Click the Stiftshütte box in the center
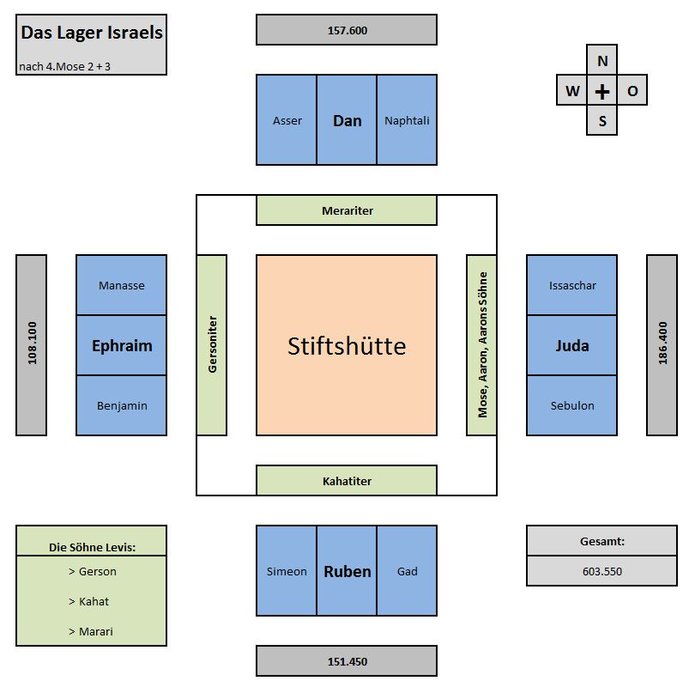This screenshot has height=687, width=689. click(x=346, y=345)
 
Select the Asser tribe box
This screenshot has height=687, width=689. click(x=287, y=120)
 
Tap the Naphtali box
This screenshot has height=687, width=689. click(x=407, y=120)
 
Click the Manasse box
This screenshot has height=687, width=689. click(x=121, y=285)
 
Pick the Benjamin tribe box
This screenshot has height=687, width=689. click(x=121, y=405)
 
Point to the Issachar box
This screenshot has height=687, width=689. click(x=571, y=285)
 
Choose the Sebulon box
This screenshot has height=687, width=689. click(x=571, y=405)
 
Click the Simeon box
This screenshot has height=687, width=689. click(x=287, y=571)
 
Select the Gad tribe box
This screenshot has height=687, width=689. click(x=407, y=571)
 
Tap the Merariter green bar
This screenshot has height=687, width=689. click(x=347, y=210)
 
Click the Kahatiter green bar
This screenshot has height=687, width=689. click(x=347, y=481)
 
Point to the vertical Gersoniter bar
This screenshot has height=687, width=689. click(x=212, y=345)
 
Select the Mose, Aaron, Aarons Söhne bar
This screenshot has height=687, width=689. click(x=481, y=345)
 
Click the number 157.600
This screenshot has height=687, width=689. click(x=347, y=30)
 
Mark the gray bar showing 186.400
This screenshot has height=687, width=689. click(x=662, y=345)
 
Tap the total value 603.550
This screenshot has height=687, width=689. click(x=601, y=571)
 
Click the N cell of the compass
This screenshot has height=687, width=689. click(x=602, y=61)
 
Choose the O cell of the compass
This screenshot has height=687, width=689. click(x=632, y=91)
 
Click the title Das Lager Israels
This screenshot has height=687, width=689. click(x=92, y=33)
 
